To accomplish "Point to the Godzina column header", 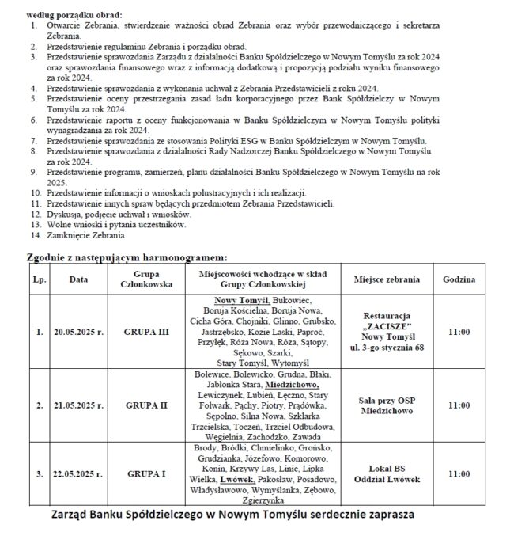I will (460, 279).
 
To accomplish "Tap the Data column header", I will (78, 279).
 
